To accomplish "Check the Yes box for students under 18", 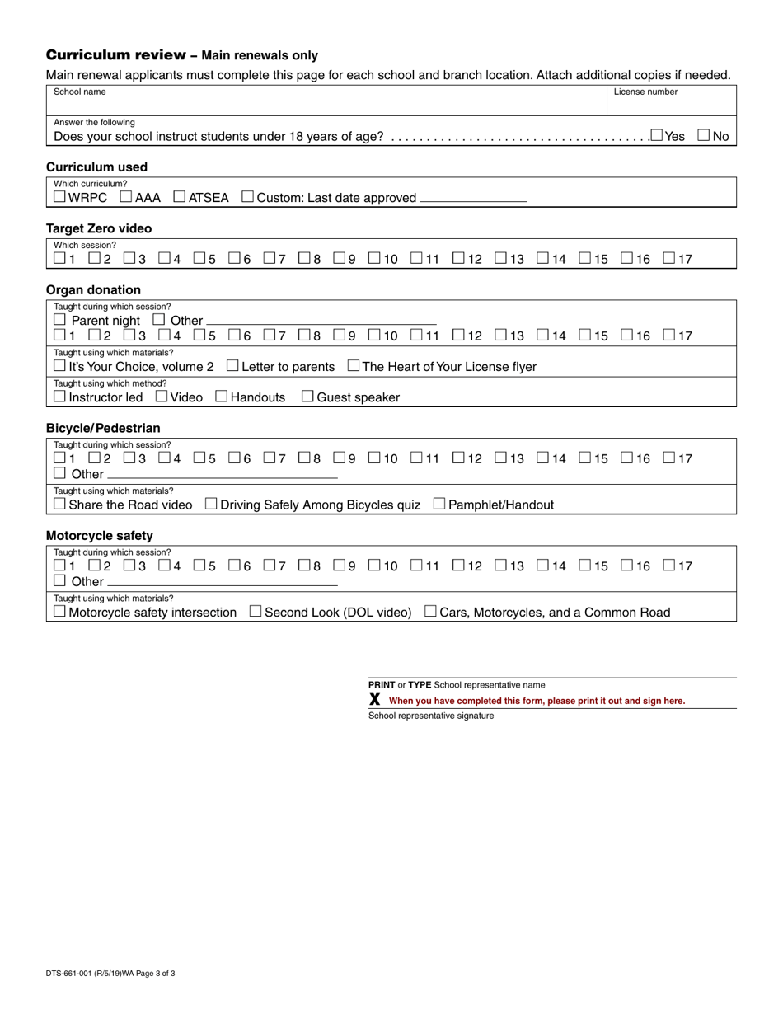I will click(x=657, y=135).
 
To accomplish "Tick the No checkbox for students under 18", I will click(x=704, y=135).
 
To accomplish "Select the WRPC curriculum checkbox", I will click(x=59, y=197).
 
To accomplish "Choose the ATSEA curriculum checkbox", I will click(x=180, y=197).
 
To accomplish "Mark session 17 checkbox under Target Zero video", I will click(x=669, y=259).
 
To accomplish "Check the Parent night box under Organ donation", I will click(x=59, y=320).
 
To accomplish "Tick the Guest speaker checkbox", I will click(x=307, y=397).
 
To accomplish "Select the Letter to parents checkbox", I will click(x=232, y=365).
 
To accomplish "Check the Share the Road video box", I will click(x=59, y=504).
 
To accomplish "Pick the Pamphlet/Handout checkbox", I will click(x=439, y=504).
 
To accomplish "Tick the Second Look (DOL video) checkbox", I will click(x=256, y=612).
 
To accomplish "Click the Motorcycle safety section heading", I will click(x=100, y=536).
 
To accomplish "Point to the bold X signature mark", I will click(x=375, y=700).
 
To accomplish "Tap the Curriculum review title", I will click(x=115, y=55).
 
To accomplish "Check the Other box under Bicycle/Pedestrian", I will click(x=59, y=473).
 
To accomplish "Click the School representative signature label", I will click(x=430, y=716).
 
